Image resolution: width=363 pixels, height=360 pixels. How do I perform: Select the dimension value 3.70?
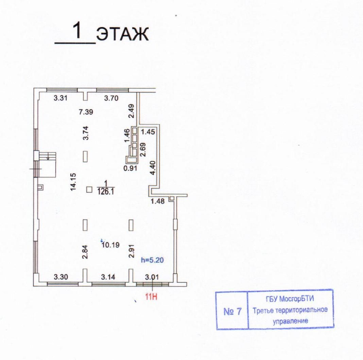tap(111, 99)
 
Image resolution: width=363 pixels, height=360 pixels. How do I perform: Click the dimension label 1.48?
tap(158, 201)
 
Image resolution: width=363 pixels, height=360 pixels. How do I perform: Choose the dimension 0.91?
tap(131, 168)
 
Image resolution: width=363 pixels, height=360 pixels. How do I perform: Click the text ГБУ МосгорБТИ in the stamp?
tap(291, 301)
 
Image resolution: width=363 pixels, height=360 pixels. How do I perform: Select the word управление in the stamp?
tap(291, 320)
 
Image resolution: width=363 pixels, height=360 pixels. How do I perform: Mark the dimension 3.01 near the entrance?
tap(152, 277)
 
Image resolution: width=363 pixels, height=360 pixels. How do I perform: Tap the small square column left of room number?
tap(89, 189)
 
